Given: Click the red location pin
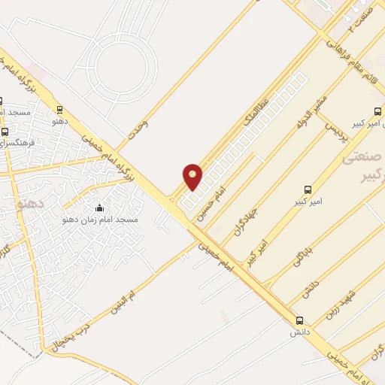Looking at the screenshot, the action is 193,176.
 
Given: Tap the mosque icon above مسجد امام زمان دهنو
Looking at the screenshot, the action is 100,208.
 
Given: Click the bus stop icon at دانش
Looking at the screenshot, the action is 300,320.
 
